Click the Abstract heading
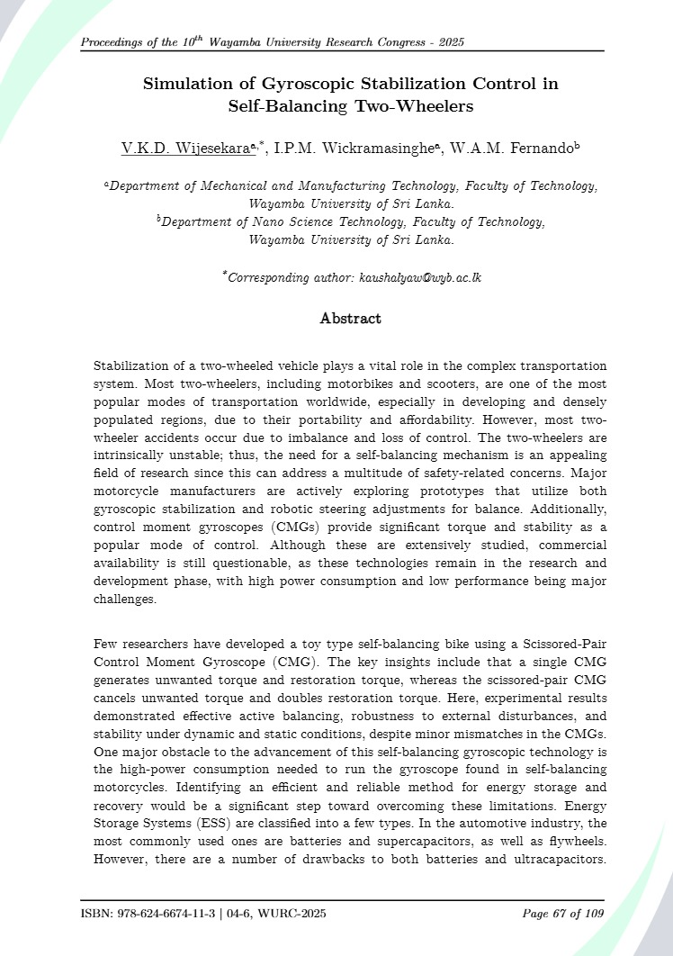[351, 319]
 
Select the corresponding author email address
[420, 277]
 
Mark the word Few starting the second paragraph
[107, 645]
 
